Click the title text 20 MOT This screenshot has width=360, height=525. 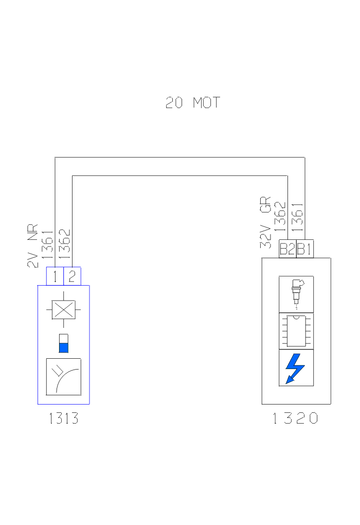coord(193,103)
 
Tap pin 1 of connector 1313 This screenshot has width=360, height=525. coord(55,276)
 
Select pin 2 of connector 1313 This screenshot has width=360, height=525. coord(72,276)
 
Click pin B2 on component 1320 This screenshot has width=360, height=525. coord(287,250)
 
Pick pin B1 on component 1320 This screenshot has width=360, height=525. coord(304,250)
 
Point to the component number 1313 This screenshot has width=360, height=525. coord(64,418)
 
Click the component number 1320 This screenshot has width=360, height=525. coord(296,418)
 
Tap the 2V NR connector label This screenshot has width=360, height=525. coord(33,246)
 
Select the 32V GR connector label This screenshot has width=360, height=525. coord(265,222)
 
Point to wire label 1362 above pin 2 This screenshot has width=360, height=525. coord(64,243)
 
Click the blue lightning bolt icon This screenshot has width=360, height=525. coord(296,368)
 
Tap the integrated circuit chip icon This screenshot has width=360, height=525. coord(296,331)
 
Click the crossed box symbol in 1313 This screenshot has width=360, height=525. coord(64,310)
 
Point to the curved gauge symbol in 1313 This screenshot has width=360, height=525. coord(64,377)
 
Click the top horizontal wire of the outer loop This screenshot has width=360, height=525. coord(180,157)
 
